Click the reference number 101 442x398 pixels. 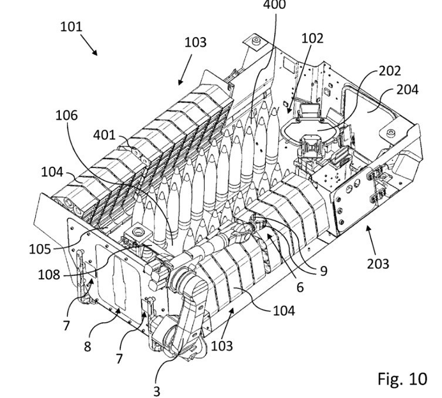click(x=71, y=27)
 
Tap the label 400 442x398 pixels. click(x=274, y=4)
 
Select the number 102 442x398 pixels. click(x=312, y=38)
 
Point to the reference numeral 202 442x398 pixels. click(x=390, y=71)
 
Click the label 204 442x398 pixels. click(x=407, y=90)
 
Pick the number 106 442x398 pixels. click(x=66, y=116)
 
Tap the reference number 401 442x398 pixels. click(x=104, y=135)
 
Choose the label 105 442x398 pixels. click(x=40, y=249)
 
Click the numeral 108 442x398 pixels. click(x=49, y=275)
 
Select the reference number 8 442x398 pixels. click(x=87, y=346)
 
